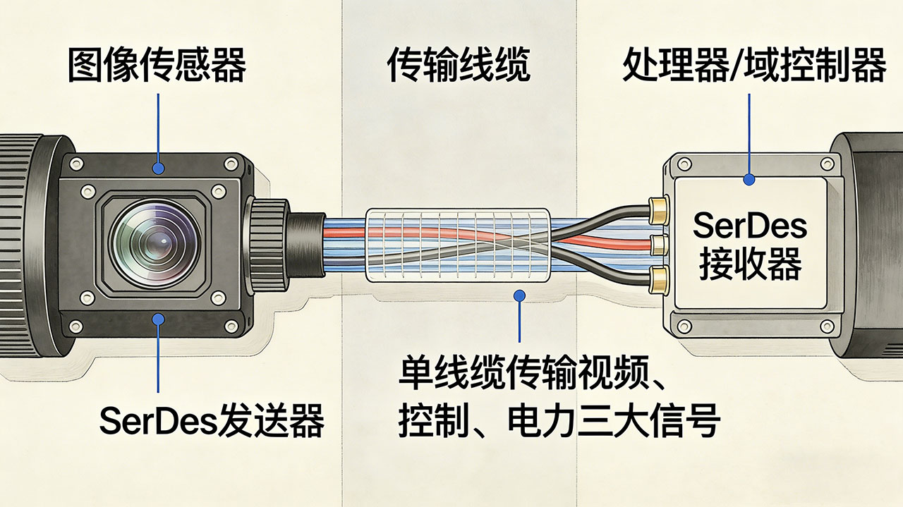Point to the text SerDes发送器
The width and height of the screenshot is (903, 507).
pos(212,422)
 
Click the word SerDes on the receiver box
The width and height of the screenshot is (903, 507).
pos(749,227)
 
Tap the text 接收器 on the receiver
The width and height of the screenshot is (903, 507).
pos(749,267)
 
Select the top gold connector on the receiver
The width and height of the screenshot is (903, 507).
pos(658,207)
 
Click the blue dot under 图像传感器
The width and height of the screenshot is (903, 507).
pos(159,169)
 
